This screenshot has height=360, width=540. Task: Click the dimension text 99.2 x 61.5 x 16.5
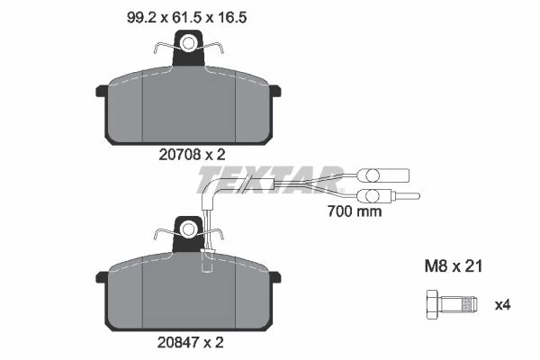pyautogui.click(x=186, y=17)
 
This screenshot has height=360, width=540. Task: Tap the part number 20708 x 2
pyautogui.click(x=192, y=155)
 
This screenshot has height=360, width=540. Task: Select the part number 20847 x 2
pyautogui.click(x=191, y=342)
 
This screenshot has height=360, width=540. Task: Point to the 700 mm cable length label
pyautogui.click(x=355, y=211)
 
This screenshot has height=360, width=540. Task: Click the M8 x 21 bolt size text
pyautogui.click(x=454, y=266)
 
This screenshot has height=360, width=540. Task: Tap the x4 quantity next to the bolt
pyautogui.click(x=503, y=305)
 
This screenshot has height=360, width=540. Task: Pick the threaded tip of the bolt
pyautogui.click(x=470, y=305)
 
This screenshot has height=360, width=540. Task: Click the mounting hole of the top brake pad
pyautogui.click(x=188, y=44)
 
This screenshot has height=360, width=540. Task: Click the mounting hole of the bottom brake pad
pyautogui.click(x=188, y=229)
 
